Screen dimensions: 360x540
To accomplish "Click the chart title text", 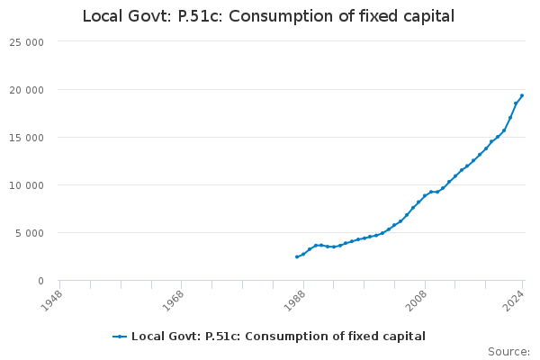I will [268, 16].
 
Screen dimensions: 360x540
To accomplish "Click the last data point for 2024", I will [522, 95].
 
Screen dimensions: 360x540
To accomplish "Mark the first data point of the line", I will [297, 256].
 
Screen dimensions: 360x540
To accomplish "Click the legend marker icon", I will [120, 337].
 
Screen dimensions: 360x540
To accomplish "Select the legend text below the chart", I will [278, 337].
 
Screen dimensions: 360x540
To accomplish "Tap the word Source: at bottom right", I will [508, 352].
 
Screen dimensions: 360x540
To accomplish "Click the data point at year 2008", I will [425, 195].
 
